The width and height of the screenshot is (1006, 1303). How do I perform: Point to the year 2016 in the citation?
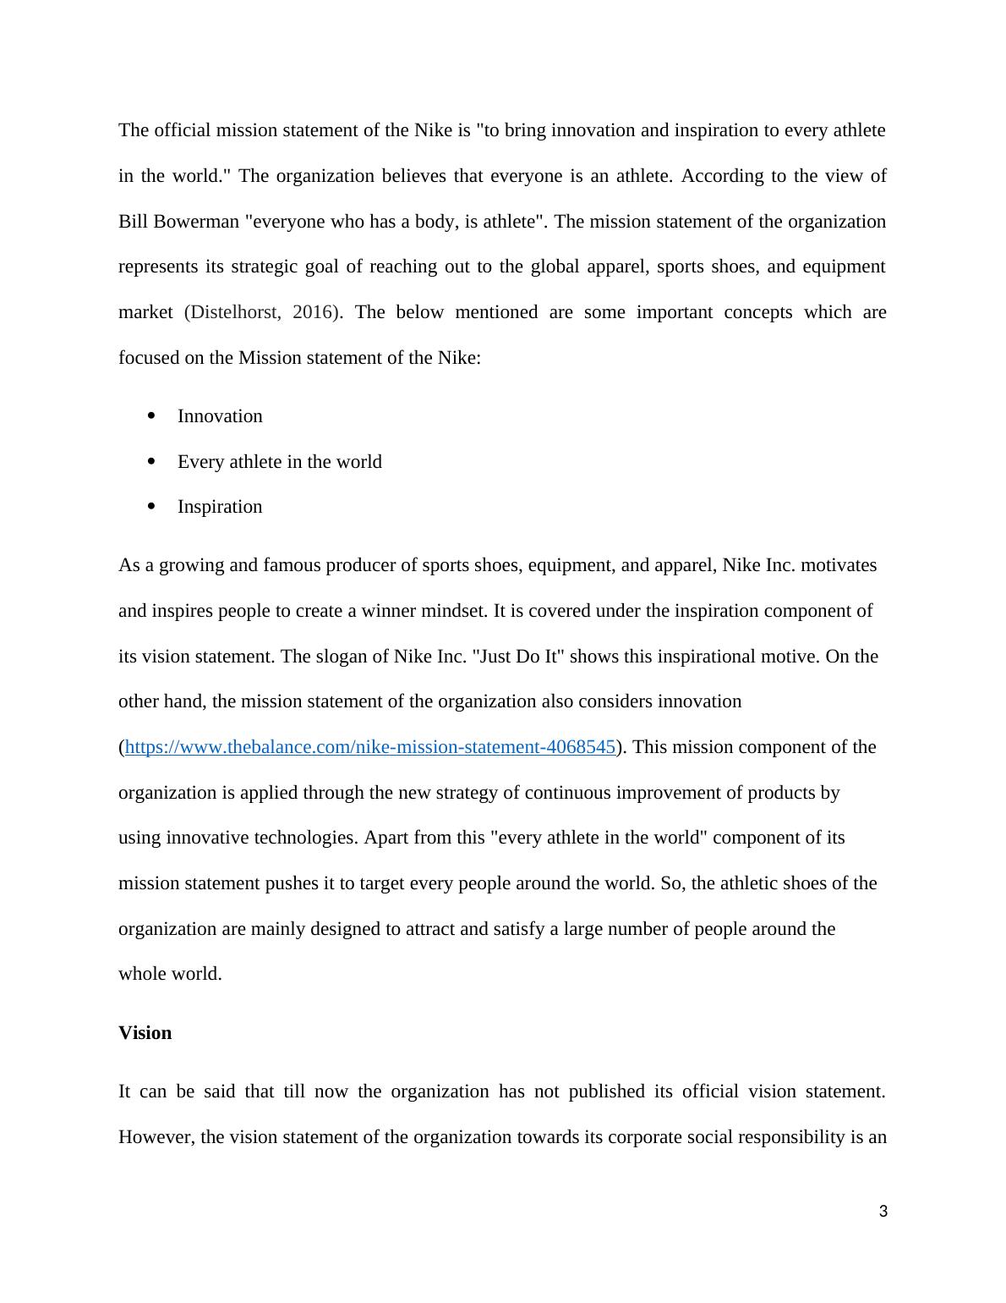click(x=313, y=312)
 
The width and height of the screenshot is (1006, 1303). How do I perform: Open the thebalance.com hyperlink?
click(x=369, y=747)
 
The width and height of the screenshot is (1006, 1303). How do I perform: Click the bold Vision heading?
click(x=145, y=1033)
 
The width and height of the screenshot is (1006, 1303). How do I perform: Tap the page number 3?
click(x=883, y=1212)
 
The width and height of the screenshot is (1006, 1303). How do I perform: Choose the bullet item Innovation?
click(x=220, y=416)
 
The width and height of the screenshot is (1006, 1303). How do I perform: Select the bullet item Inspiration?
click(x=220, y=507)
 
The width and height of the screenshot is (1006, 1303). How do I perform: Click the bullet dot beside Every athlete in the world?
click(x=152, y=461)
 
